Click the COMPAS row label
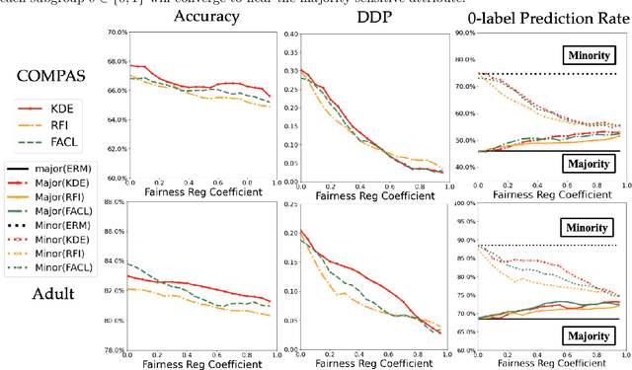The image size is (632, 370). pos(49,74)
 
